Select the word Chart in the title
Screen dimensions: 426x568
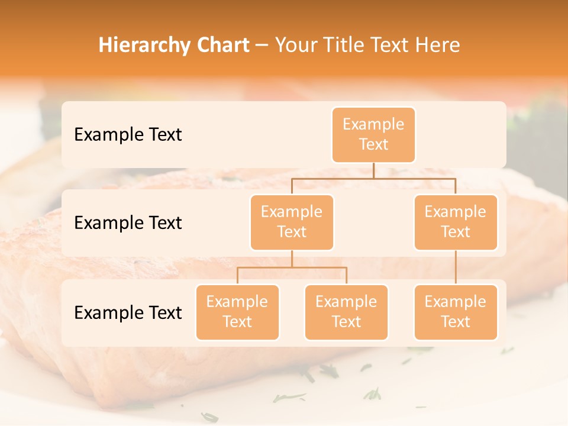[224, 45]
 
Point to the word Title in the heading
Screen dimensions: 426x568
[347, 45]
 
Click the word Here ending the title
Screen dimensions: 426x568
[438, 45]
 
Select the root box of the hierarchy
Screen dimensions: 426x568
[373, 134]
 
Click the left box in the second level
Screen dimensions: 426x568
[292, 222]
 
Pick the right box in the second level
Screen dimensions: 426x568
[456, 222]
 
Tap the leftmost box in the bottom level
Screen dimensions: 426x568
[237, 312]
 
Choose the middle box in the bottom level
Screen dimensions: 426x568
[346, 312]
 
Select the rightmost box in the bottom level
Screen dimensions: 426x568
[456, 312]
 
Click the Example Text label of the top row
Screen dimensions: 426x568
[128, 134]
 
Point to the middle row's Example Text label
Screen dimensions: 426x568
[128, 222]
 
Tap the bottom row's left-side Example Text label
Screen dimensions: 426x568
[128, 312]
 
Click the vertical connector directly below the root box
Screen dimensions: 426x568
[373, 170]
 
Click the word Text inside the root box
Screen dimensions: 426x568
[373, 144]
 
